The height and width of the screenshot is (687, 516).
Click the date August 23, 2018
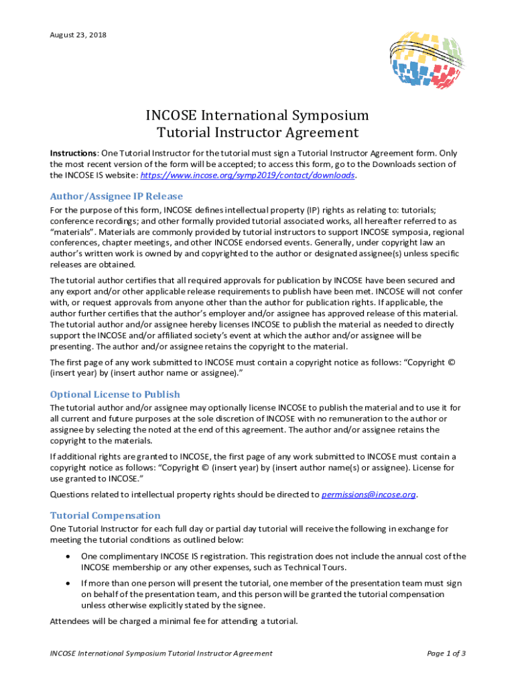click(x=78, y=34)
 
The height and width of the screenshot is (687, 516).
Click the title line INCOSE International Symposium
click(x=257, y=115)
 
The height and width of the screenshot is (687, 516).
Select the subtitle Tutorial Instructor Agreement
click(x=257, y=133)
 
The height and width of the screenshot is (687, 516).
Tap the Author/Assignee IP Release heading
click(x=116, y=196)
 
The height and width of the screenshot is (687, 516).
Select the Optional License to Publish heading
click(x=115, y=394)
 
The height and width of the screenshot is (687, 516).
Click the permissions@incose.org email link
click(x=369, y=494)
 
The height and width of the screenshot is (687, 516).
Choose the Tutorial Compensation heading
click(x=105, y=515)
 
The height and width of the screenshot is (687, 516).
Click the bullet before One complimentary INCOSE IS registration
click(x=68, y=556)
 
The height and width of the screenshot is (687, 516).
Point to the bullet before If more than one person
click(x=68, y=584)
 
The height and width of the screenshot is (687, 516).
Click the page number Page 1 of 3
click(x=446, y=653)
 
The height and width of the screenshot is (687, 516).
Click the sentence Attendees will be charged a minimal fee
click(x=174, y=621)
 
